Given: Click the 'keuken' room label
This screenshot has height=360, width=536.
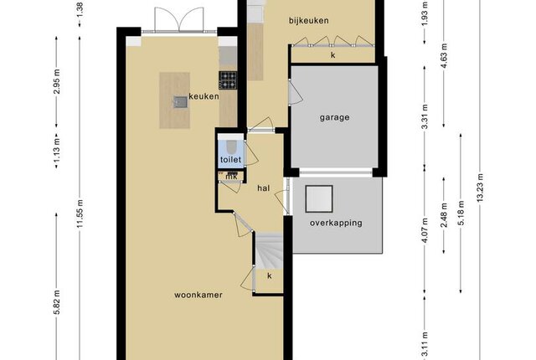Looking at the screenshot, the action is pos(204,96).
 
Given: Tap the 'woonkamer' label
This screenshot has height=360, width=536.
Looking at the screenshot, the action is pos(198,295).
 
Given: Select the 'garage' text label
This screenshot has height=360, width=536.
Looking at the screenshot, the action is pos(335,118).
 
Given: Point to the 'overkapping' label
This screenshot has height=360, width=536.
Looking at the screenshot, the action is pos(336,224).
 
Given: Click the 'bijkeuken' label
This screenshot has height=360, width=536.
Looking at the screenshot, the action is pos(309,21).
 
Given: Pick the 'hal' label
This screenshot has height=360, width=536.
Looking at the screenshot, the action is pos(264,188).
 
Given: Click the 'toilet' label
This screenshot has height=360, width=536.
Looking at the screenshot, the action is pos(231,160).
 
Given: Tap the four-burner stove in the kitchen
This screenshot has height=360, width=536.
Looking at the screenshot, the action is pos(228,80).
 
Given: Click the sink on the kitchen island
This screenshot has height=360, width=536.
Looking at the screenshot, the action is pos(180,102).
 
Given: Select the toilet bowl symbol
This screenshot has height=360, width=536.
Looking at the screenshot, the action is pos(231,147).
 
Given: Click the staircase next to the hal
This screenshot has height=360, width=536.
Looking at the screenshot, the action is pos(270,250).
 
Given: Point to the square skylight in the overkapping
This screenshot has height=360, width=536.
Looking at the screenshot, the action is pos(319,198).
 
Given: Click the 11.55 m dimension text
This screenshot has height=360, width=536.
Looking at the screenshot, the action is pos(80,213).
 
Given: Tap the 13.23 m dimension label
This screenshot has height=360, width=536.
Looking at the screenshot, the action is pos(480,188).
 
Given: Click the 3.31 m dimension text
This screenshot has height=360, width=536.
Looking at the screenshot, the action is pos(425,117).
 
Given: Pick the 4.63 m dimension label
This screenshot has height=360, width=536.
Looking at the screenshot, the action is pos(444,55).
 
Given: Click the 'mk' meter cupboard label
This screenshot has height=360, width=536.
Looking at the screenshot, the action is pos(232,177).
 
